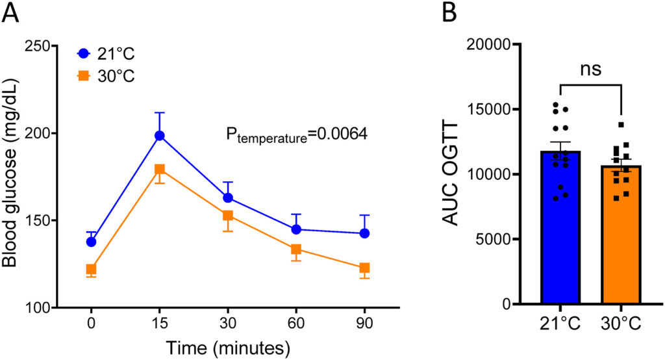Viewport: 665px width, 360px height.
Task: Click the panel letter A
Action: click(x=10, y=12)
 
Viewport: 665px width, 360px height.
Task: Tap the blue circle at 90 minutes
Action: click(x=364, y=233)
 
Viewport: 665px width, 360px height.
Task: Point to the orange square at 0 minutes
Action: click(x=92, y=269)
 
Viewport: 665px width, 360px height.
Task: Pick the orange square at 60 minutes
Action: click(x=296, y=250)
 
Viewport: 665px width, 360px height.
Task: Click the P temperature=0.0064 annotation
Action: click(x=296, y=135)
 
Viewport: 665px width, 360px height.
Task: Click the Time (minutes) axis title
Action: click(x=227, y=348)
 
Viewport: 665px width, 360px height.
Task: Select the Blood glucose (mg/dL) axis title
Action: click(x=11, y=175)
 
